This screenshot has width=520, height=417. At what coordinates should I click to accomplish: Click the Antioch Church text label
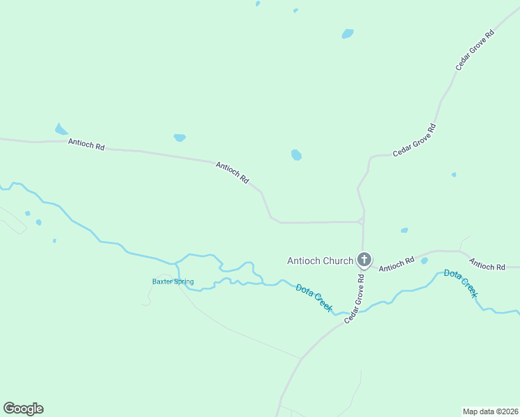320,261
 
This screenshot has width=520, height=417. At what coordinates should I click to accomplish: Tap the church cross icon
364,260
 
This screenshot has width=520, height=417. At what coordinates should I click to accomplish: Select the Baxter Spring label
173,281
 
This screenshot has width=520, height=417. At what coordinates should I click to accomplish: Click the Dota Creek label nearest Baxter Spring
314,297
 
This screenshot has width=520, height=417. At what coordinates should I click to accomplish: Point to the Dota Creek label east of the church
461,284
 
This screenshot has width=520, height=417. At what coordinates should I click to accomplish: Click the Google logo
23,409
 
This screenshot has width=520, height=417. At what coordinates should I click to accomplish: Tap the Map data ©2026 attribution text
491,411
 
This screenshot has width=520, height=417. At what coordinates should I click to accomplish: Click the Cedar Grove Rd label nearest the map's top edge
475,49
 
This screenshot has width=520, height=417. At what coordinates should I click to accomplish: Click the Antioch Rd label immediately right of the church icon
397,263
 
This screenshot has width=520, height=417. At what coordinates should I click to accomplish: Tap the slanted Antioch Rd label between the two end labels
232,172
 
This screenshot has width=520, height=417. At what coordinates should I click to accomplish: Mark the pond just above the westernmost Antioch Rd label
61,129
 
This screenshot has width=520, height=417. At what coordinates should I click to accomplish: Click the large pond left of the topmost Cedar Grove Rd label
348,33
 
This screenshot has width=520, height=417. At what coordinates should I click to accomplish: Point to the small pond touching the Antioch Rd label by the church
424,261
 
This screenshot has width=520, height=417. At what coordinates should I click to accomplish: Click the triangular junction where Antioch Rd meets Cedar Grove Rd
361,220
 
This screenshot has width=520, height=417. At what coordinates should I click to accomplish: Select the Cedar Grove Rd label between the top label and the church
414,140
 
